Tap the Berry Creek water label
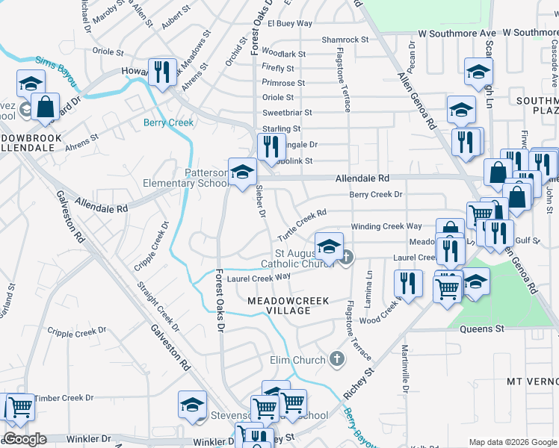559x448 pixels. pyautogui.click(x=168, y=122)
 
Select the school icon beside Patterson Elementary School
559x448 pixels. pyautogui.click(x=241, y=173)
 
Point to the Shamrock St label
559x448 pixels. pyautogui.click(x=345, y=40)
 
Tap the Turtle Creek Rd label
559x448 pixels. pyautogui.click(x=303, y=225)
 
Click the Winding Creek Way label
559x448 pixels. pyautogui.click(x=386, y=226)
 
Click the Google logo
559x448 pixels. pyautogui.click(x=25, y=439)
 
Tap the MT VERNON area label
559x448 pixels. pyautogui.click(x=532, y=381)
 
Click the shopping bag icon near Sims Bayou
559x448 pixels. pyautogui.click(x=46, y=108)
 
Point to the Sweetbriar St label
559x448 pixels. pyautogui.click(x=286, y=113)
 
